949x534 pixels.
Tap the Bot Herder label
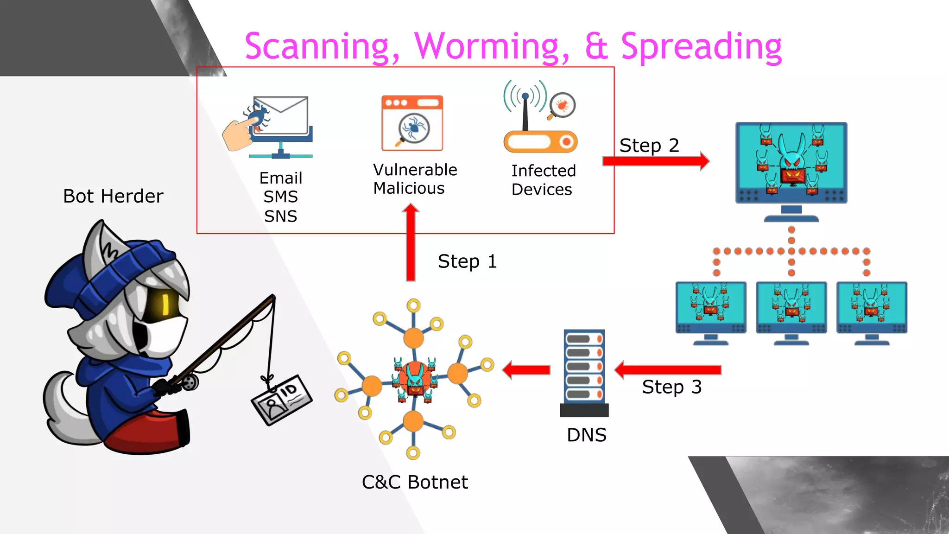point(113,196)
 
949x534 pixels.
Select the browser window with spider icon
point(412,123)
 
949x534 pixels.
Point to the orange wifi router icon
point(540,141)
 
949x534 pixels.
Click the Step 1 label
point(467,261)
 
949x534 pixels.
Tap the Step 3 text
point(671,387)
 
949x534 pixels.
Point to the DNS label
point(586,435)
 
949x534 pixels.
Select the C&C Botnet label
point(415,482)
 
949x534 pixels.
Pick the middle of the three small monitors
point(791,308)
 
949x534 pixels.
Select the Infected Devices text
point(543,180)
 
